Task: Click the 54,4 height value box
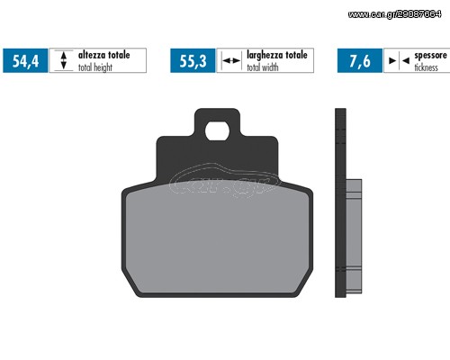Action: [25, 60]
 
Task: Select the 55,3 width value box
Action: [193, 60]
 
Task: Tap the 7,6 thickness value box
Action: [360, 60]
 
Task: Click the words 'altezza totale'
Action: [104, 55]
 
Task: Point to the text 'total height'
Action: [95, 67]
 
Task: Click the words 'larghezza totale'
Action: [277, 55]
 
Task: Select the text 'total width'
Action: [263, 67]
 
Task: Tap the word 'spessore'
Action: [430, 56]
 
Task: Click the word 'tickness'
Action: [426, 67]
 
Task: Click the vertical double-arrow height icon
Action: [64, 60]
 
